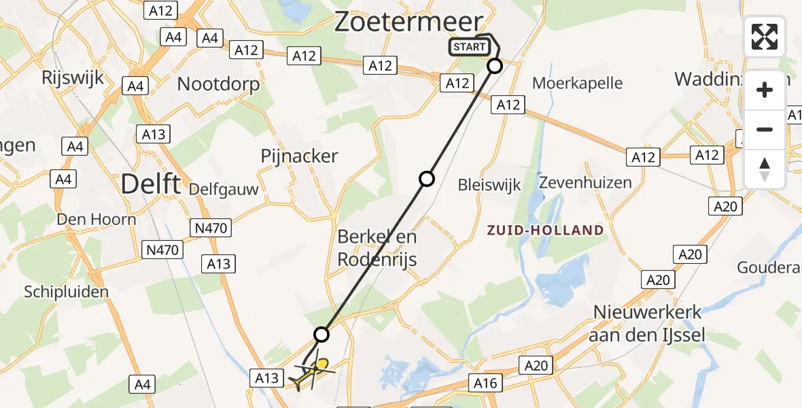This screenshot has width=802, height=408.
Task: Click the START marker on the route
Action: (x=469, y=47)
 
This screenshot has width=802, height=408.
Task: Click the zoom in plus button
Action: (x=765, y=90)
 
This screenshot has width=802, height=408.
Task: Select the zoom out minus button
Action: (x=765, y=129)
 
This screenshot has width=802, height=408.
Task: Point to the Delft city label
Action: (x=151, y=184)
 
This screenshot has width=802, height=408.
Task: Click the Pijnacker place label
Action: (x=299, y=156)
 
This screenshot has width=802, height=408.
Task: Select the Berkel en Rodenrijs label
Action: (x=377, y=248)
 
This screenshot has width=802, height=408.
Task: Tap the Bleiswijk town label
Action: (x=489, y=184)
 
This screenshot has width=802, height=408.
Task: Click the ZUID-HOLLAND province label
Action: (x=545, y=230)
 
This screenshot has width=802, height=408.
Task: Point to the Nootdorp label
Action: (x=218, y=84)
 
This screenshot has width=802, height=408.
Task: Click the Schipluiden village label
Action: (x=67, y=292)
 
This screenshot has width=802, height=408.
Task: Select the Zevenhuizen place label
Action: (x=585, y=182)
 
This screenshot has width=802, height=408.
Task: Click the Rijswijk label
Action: (x=73, y=78)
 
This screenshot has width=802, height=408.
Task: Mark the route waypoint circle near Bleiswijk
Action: (x=427, y=179)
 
